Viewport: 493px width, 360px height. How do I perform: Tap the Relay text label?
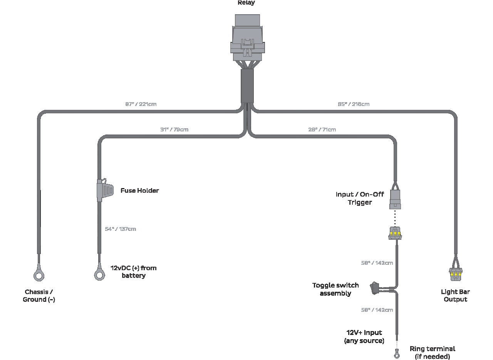(246, 3)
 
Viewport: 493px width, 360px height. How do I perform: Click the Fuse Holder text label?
(139, 190)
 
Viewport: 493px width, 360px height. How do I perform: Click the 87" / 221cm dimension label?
(141, 104)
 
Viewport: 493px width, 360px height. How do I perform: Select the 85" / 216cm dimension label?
(354, 104)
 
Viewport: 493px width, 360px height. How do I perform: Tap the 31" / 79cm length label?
(174, 130)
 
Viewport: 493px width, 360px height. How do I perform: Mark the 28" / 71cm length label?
(322, 130)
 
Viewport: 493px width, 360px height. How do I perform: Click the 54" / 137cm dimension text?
(120, 229)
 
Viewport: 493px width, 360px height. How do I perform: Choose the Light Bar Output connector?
(456, 274)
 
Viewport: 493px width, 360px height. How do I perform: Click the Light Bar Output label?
(455, 296)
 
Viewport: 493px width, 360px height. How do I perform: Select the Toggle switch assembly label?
(335, 289)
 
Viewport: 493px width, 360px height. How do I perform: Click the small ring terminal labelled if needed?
(396, 352)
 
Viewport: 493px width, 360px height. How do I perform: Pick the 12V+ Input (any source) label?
(364, 336)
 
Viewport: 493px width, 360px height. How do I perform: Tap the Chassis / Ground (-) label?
(39, 296)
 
